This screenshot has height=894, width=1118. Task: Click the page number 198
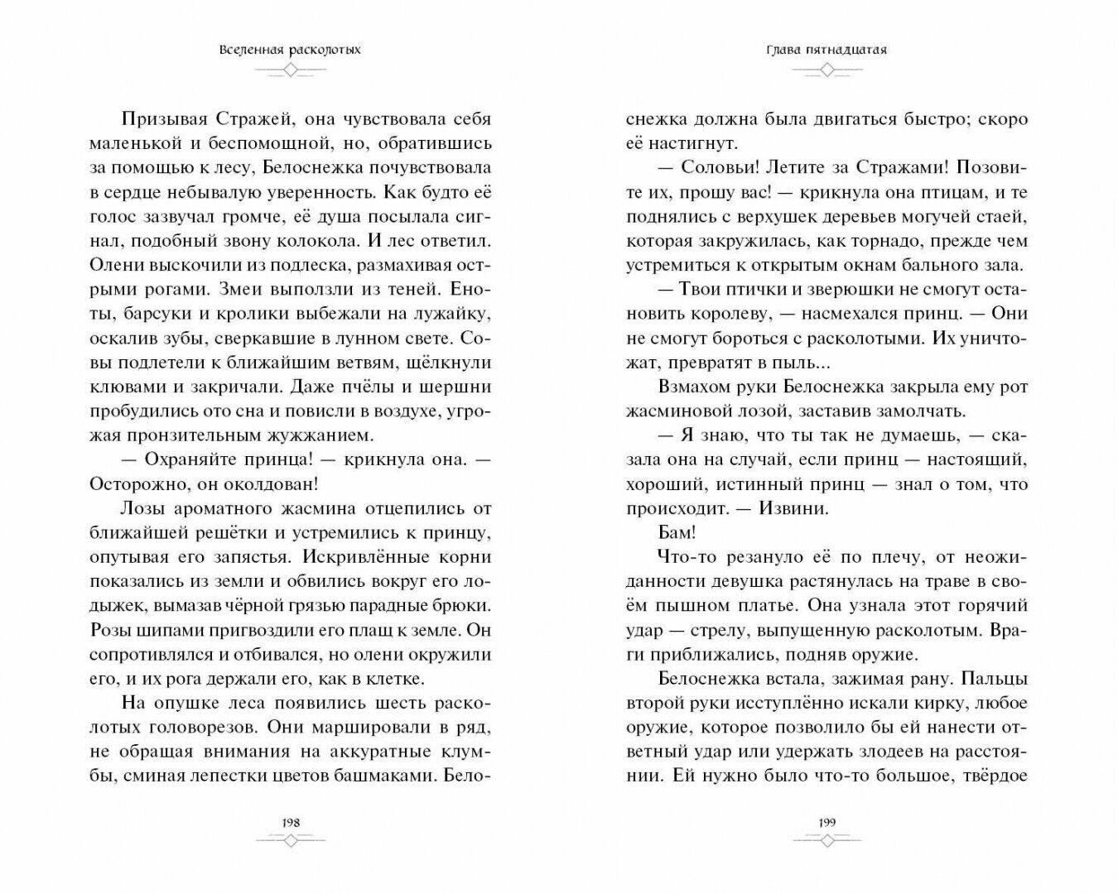pos(290,822)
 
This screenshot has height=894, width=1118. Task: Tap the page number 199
pos(826,822)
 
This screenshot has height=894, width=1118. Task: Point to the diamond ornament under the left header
pos(290,71)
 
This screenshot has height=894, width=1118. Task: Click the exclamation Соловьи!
pos(716,167)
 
